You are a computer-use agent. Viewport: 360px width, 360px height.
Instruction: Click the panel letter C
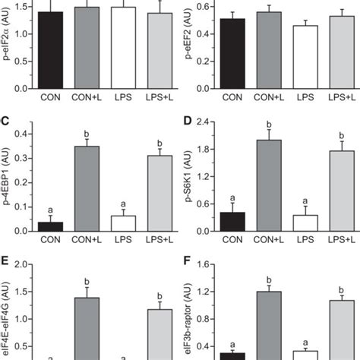pyautogui.click(x=5, y=122)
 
